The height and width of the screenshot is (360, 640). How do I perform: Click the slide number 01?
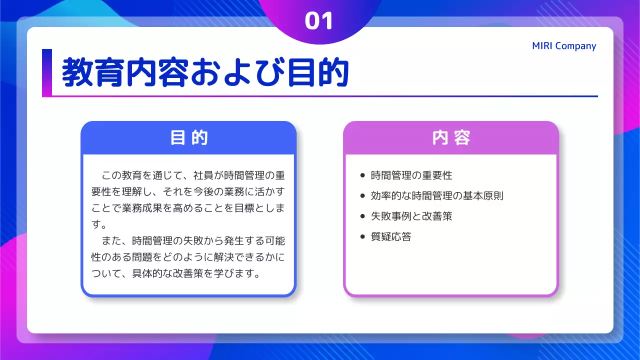click(x=319, y=21)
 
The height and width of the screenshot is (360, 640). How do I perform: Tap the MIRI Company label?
click(x=564, y=46)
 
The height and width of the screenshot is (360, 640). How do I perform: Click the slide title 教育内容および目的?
click(x=205, y=73)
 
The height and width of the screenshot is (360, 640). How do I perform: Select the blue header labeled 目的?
click(x=188, y=137)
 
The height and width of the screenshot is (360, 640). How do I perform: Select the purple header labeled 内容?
click(x=450, y=137)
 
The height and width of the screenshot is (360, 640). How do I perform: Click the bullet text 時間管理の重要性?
click(x=411, y=175)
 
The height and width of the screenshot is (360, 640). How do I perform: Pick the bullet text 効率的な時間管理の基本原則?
click(x=437, y=196)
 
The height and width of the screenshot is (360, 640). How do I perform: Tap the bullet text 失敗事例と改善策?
click(x=411, y=216)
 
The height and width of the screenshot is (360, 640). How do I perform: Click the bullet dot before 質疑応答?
click(x=363, y=237)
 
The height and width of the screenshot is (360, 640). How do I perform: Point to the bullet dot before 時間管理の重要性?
click(x=363, y=175)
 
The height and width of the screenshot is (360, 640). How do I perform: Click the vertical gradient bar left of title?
click(x=46, y=72)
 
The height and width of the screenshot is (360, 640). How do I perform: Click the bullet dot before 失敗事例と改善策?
click(x=363, y=216)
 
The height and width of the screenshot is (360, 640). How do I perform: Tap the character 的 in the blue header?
click(x=200, y=137)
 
